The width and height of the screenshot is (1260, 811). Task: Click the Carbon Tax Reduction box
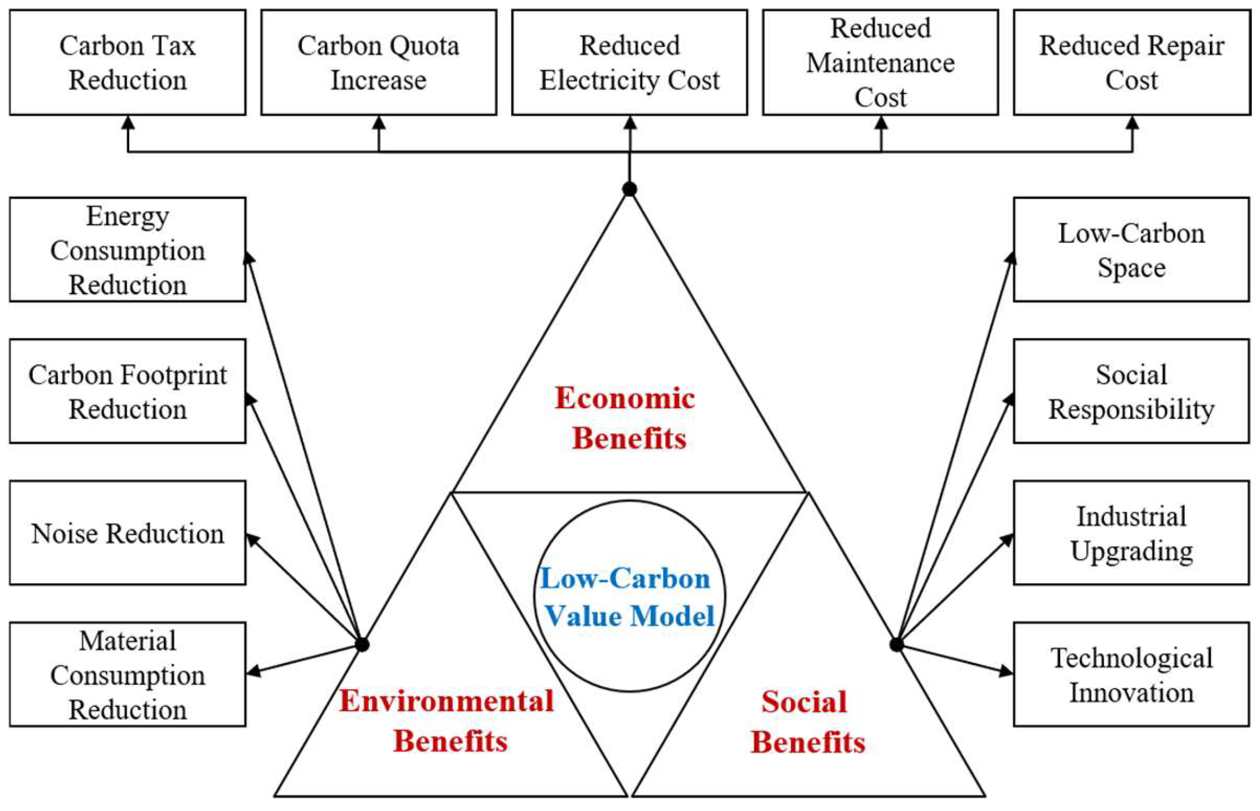128,62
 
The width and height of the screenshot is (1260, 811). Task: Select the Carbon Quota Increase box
379,62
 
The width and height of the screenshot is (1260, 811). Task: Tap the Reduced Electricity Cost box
629,62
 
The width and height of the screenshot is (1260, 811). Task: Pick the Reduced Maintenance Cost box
880,62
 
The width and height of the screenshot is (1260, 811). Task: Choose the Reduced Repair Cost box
1131,62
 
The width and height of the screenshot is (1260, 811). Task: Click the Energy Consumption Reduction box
128,250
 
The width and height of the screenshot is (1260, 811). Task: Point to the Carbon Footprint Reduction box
128,392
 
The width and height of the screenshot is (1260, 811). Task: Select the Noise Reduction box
128,533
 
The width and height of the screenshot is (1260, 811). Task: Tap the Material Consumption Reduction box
128,675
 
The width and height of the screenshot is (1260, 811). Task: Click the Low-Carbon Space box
1131,250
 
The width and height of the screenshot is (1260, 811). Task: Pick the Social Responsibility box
1131,392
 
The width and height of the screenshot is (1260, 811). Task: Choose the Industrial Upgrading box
1131,533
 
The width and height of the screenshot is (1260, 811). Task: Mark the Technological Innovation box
1131,675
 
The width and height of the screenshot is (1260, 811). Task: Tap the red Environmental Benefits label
448,721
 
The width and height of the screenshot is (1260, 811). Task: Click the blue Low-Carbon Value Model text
627,597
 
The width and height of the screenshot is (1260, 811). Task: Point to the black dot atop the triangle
629,189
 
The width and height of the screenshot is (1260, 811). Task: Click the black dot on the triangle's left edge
362,645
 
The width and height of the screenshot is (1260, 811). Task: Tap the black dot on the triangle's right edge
897,645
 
